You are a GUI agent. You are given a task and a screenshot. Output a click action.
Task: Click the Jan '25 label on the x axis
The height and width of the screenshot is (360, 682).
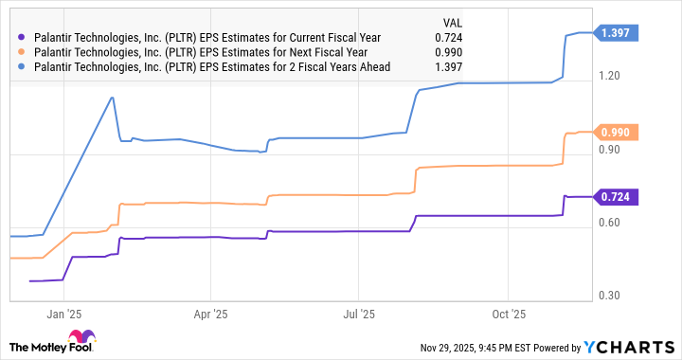coord(63,313)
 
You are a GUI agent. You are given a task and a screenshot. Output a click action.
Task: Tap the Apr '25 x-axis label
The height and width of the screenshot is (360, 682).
coord(212,313)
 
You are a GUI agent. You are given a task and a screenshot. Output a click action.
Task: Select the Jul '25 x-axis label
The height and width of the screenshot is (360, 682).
coord(361,313)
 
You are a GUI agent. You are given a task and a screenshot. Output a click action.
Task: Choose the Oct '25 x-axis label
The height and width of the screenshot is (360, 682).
coord(511,313)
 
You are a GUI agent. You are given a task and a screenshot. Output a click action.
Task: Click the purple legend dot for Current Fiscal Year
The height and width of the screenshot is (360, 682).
coord(23,38)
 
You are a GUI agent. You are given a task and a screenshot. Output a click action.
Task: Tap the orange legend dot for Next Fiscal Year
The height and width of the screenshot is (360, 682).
coord(23,53)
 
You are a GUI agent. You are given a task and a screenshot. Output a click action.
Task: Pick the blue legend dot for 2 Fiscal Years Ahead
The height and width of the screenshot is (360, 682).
coord(23,68)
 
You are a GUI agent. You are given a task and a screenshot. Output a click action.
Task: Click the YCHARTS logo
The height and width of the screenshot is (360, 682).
coord(630,346)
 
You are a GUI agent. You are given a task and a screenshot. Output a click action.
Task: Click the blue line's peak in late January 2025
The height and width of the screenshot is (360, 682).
coord(114,97)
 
